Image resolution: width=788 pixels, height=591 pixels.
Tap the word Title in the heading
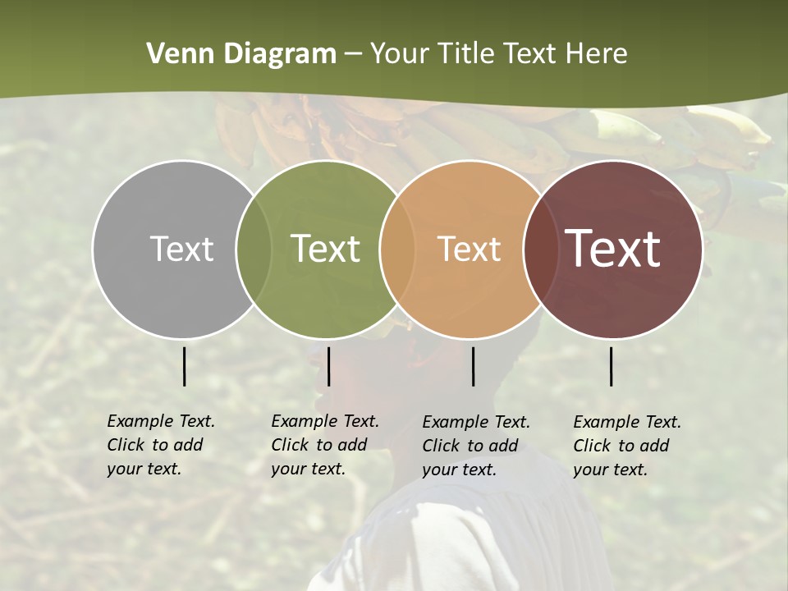466,54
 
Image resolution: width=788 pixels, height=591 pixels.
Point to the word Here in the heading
597,54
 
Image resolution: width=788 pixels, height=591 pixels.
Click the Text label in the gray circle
181,249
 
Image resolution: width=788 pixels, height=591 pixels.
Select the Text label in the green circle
326,249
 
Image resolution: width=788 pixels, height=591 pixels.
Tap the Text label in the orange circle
469,249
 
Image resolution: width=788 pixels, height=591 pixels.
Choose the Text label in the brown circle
613,249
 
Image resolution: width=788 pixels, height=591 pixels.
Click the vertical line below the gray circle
184,366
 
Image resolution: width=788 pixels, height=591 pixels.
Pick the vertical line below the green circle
328,366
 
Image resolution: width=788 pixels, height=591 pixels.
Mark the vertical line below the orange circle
473,366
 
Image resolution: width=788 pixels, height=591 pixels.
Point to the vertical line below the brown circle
612,366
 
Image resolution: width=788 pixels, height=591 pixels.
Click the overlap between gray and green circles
253,249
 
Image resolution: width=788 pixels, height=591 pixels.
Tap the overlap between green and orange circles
396,249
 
